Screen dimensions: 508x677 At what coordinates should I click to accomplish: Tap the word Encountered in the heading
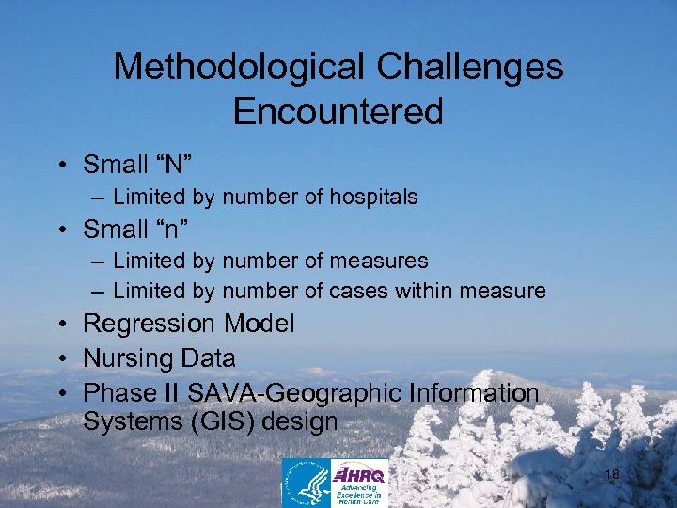(338, 112)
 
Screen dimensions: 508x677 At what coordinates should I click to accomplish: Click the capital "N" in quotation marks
(174, 166)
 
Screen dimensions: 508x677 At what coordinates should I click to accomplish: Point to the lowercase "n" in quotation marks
(173, 229)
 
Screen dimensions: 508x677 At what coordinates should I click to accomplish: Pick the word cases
(355, 292)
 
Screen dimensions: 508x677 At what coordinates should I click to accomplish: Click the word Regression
(150, 325)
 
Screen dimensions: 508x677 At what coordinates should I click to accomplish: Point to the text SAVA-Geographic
(284, 393)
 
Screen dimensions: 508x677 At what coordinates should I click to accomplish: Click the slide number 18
(611, 475)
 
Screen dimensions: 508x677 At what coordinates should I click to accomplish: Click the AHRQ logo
(359, 483)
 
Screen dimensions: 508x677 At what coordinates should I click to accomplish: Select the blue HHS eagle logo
(307, 483)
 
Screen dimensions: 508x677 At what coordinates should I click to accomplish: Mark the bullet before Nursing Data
(60, 359)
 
